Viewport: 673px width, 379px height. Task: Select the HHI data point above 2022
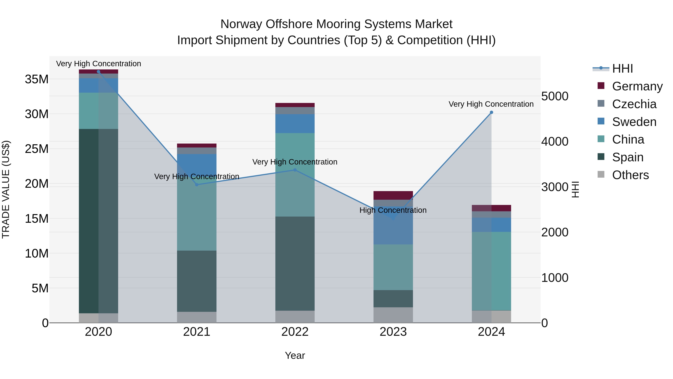pos(295,170)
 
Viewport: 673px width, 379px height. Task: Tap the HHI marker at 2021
pos(197,185)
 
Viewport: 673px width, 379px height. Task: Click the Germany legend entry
pos(637,86)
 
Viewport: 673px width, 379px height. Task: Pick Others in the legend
pos(630,175)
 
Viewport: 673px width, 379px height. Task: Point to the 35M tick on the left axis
pos(37,79)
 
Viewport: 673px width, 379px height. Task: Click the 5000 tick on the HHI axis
pos(554,96)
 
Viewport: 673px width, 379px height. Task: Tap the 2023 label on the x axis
pos(393,332)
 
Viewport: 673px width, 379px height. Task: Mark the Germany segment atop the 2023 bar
pos(393,195)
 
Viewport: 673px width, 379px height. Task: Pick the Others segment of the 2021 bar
pos(197,317)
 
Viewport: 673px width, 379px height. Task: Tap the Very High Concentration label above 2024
pos(491,104)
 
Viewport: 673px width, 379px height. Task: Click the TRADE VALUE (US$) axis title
pos(6,189)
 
